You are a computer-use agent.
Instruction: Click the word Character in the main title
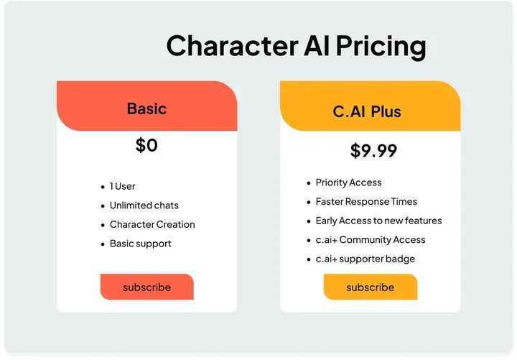pyautogui.click(x=228, y=46)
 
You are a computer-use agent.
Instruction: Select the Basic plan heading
pyautogui.click(x=146, y=109)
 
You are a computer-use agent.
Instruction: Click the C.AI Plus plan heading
pyautogui.click(x=367, y=111)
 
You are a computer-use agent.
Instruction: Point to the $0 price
pyautogui.click(x=146, y=145)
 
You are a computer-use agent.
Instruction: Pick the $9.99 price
pyautogui.click(x=373, y=151)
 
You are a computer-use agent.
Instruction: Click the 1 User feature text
pyautogui.click(x=123, y=187)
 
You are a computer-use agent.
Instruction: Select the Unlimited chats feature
pyautogui.click(x=144, y=206)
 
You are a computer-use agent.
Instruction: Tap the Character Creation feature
pyautogui.click(x=152, y=224)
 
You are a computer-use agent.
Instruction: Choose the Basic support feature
pyautogui.click(x=141, y=244)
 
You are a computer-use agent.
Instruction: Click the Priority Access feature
pyautogui.click(x=348, y=183)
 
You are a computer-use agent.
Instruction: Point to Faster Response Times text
pyautogui.click(x=366, y=202)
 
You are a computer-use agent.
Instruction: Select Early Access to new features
pyautogui.click(x=378, y=221)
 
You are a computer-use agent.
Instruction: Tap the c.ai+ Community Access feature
pyautogui.click(x=371, y=240)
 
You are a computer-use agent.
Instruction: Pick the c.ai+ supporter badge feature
pyautogui.click(x=365, y=259)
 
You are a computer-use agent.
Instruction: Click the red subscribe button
pyautogui.click(x=146, y=287)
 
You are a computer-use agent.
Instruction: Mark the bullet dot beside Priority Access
pyautogui.click(x=309, y=183)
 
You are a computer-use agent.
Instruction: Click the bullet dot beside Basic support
pyautogui.click(x=103, y=244)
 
